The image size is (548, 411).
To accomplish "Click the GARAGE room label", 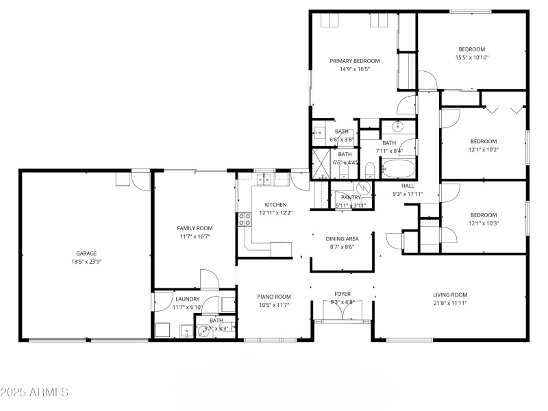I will (86, 253).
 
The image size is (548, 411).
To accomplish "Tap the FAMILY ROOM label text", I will (195, 228).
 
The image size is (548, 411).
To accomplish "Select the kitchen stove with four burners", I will (243, 220).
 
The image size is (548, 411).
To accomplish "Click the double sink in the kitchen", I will (265, 180).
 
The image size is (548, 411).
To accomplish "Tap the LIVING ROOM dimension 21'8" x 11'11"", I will (450, 303).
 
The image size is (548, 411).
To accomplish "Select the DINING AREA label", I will (342, 238).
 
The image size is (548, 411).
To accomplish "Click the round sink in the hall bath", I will (397, 127).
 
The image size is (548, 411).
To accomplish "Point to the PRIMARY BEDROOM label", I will (354, 61).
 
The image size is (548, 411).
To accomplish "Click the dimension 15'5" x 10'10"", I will (471, 58).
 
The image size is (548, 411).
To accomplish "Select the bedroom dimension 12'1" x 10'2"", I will (483, 149).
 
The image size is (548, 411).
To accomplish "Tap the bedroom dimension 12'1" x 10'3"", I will (483, 223).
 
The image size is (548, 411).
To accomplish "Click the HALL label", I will (408, 185).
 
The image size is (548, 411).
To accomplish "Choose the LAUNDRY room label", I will (187, 299).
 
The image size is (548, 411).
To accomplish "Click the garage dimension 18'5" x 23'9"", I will (86, 262).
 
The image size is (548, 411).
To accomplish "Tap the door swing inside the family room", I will (209, 279).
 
